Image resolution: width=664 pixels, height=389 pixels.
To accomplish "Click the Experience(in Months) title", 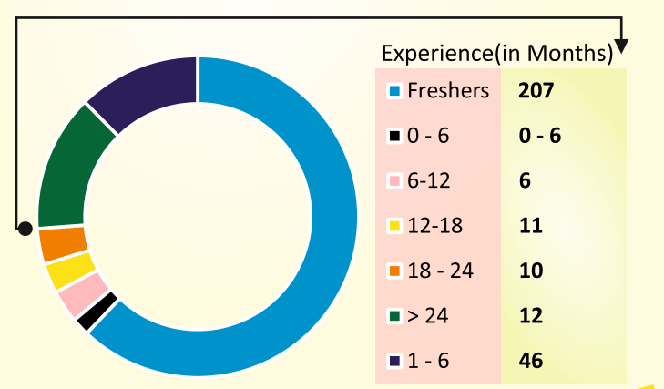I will (496, 54).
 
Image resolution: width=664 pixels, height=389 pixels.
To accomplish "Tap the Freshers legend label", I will (448, 90).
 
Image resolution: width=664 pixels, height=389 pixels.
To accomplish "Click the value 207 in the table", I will (534, 90).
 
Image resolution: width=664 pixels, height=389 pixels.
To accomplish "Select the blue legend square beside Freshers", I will (394, 91).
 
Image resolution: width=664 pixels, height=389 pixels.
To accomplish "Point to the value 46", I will (530, 361).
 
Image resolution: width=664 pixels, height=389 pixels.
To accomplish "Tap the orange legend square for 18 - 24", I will (394, 271).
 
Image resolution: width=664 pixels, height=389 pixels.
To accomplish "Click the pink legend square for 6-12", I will (394, 181).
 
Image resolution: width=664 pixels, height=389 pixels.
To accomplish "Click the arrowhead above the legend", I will (623, 46).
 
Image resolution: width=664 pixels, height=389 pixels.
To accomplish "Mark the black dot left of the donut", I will (26, 229).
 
